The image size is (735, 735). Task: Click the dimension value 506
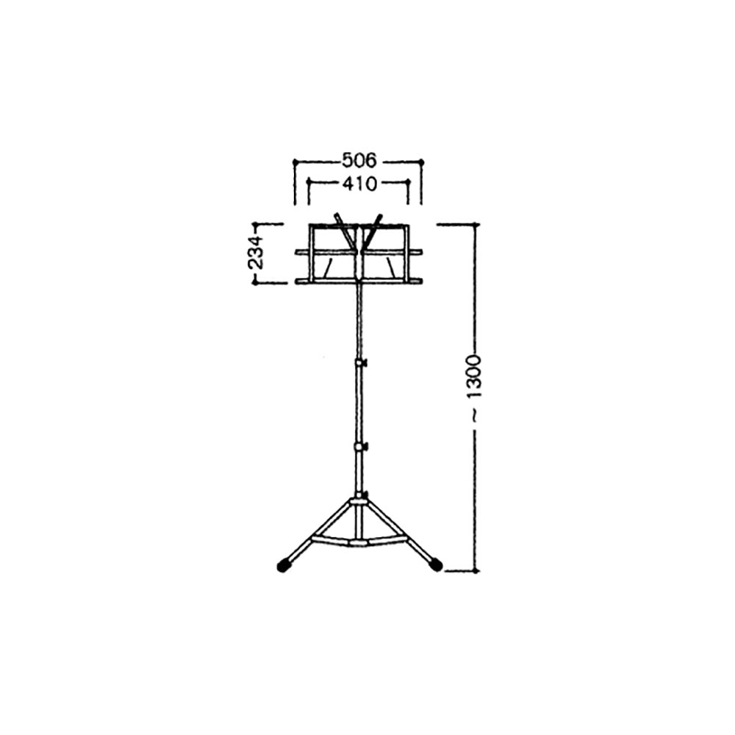359,161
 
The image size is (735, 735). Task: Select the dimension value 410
359,184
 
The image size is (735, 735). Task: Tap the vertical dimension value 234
257,252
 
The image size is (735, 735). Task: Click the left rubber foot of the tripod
283,565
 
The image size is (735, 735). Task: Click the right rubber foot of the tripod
436,564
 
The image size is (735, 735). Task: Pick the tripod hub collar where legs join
359,502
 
